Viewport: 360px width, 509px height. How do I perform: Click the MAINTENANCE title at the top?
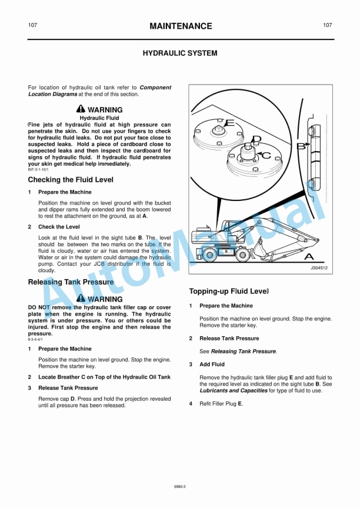181,26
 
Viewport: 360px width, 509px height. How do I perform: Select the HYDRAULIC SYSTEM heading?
180,53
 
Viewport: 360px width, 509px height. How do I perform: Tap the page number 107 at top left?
33,25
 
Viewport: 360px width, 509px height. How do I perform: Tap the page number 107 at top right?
328,25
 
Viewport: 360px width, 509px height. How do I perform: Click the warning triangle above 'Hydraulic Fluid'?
81,109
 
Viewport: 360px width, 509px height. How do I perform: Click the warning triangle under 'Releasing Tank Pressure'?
81,299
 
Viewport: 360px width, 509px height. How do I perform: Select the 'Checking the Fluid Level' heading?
71,180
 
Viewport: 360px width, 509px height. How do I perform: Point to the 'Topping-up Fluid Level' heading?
229,291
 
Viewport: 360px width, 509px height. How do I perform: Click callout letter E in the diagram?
229,123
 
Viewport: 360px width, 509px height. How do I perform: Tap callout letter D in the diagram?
256,139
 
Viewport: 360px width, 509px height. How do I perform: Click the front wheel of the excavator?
242,255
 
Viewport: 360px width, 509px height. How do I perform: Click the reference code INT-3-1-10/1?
39,169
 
